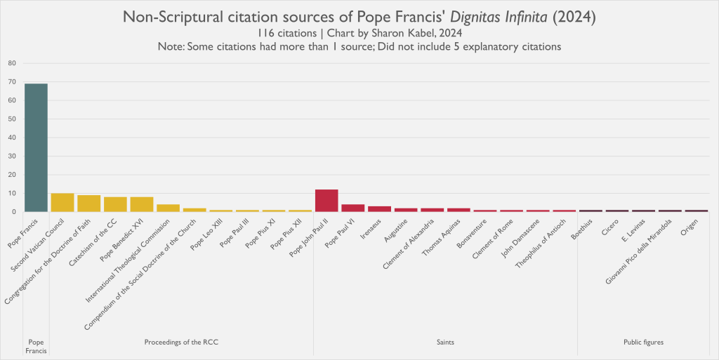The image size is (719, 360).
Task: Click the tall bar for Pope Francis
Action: (36, 147)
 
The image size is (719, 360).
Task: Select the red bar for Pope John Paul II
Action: (326, 201)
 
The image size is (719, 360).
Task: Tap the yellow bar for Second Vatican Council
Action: (62, 203)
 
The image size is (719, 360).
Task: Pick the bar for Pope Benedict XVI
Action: (142, 204)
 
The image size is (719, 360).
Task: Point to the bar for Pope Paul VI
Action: (353, 208)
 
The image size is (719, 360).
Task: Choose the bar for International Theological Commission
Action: (168, 208)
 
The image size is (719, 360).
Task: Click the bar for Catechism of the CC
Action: (115, 204)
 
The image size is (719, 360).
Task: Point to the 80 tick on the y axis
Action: (11, 63)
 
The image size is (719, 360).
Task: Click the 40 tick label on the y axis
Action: (11, 138)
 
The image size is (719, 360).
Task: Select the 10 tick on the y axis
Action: (11, 193)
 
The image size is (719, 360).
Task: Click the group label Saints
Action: (445, 342)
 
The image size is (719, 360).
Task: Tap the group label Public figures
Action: (643, 342)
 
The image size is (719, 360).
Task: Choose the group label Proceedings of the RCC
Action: (181, 342)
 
